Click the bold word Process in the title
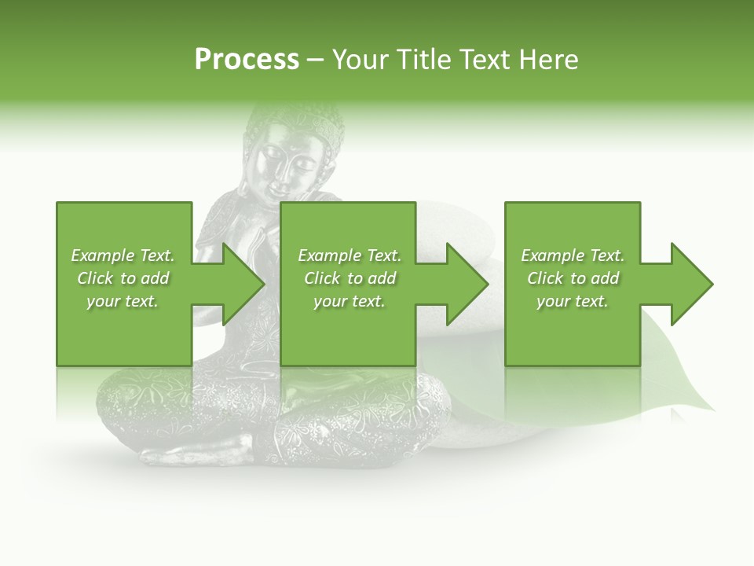247,60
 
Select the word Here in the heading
549,60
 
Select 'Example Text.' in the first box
123,255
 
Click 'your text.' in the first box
123,301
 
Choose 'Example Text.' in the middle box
350,255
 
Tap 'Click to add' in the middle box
350,278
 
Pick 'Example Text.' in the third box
573,255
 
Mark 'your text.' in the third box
573,301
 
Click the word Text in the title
487,60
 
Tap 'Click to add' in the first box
123,278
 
